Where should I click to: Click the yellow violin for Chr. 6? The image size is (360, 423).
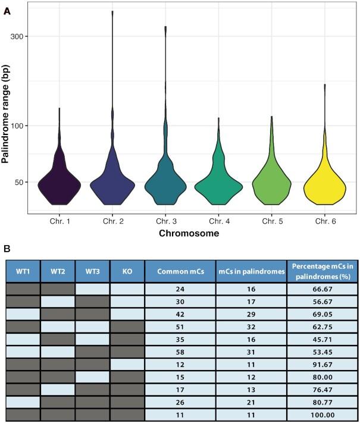click(x=324, y=187)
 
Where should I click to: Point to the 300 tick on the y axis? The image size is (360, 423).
click(x=22, y=36)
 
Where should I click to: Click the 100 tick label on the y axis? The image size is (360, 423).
click(x=22, y=126)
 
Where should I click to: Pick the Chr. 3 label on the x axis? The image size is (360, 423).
click(x=165, y=221)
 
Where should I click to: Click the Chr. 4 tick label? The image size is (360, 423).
click(x=218, y=221)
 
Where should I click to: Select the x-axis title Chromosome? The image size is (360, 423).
click(x=189, y=234)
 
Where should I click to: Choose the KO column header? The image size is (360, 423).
click(x=127, y=271)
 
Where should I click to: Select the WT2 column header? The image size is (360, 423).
click(x=58, y=271)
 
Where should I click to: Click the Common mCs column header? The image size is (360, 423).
click(x=180, y=271)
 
